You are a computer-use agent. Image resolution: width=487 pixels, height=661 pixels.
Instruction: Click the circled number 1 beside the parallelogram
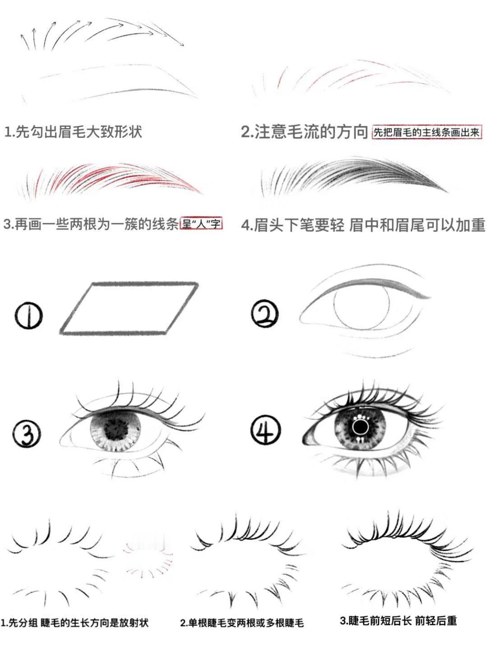[x=28, y=316]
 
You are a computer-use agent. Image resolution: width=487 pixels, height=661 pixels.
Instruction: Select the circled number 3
[x=27, y=434]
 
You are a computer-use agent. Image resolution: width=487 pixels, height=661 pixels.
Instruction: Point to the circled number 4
[x=265, y=431]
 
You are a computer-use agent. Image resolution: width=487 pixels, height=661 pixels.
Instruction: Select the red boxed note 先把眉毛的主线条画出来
[x=427, y=133]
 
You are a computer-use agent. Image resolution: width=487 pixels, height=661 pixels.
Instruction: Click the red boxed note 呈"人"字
[x=201, y=224]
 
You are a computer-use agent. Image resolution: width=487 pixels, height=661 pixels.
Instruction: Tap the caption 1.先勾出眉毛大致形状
[x=73, y=132]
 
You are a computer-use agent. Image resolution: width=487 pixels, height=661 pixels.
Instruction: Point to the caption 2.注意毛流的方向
[x=304, y=132]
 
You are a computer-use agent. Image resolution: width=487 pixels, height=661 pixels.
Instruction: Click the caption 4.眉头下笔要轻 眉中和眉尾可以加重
[x=363, y=225]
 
